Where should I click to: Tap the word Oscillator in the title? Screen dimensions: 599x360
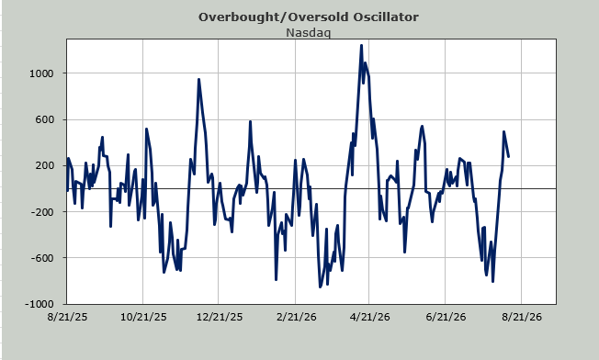point(386,17)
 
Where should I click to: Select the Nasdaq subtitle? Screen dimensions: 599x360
point(309,33)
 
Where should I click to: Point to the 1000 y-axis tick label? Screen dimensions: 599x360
point(41,73)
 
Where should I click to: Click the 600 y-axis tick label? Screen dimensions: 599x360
point(44,119)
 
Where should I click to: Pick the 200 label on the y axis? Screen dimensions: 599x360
point(44,165)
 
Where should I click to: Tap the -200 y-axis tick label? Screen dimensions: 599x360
point(42,212)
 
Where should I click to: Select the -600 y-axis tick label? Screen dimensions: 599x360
point(42,258)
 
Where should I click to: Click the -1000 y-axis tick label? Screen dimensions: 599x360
point(40,304)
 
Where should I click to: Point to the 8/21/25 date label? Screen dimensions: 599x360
point(67,317)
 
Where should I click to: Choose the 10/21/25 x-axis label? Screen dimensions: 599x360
point(143,317)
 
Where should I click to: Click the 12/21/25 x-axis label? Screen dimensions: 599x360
point(219,317)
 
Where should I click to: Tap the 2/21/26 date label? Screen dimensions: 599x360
point(296,317)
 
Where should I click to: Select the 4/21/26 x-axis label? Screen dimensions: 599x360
point(370,317)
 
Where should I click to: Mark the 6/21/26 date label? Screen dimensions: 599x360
point(446,317)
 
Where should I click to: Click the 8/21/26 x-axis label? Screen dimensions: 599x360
point(522,317)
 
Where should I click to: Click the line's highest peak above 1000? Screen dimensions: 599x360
point(361,45)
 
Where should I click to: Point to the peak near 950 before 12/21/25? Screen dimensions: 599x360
point(198,79)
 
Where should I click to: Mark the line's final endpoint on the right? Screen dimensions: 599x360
point(508,156)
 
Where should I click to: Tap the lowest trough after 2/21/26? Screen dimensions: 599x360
point(320,287)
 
